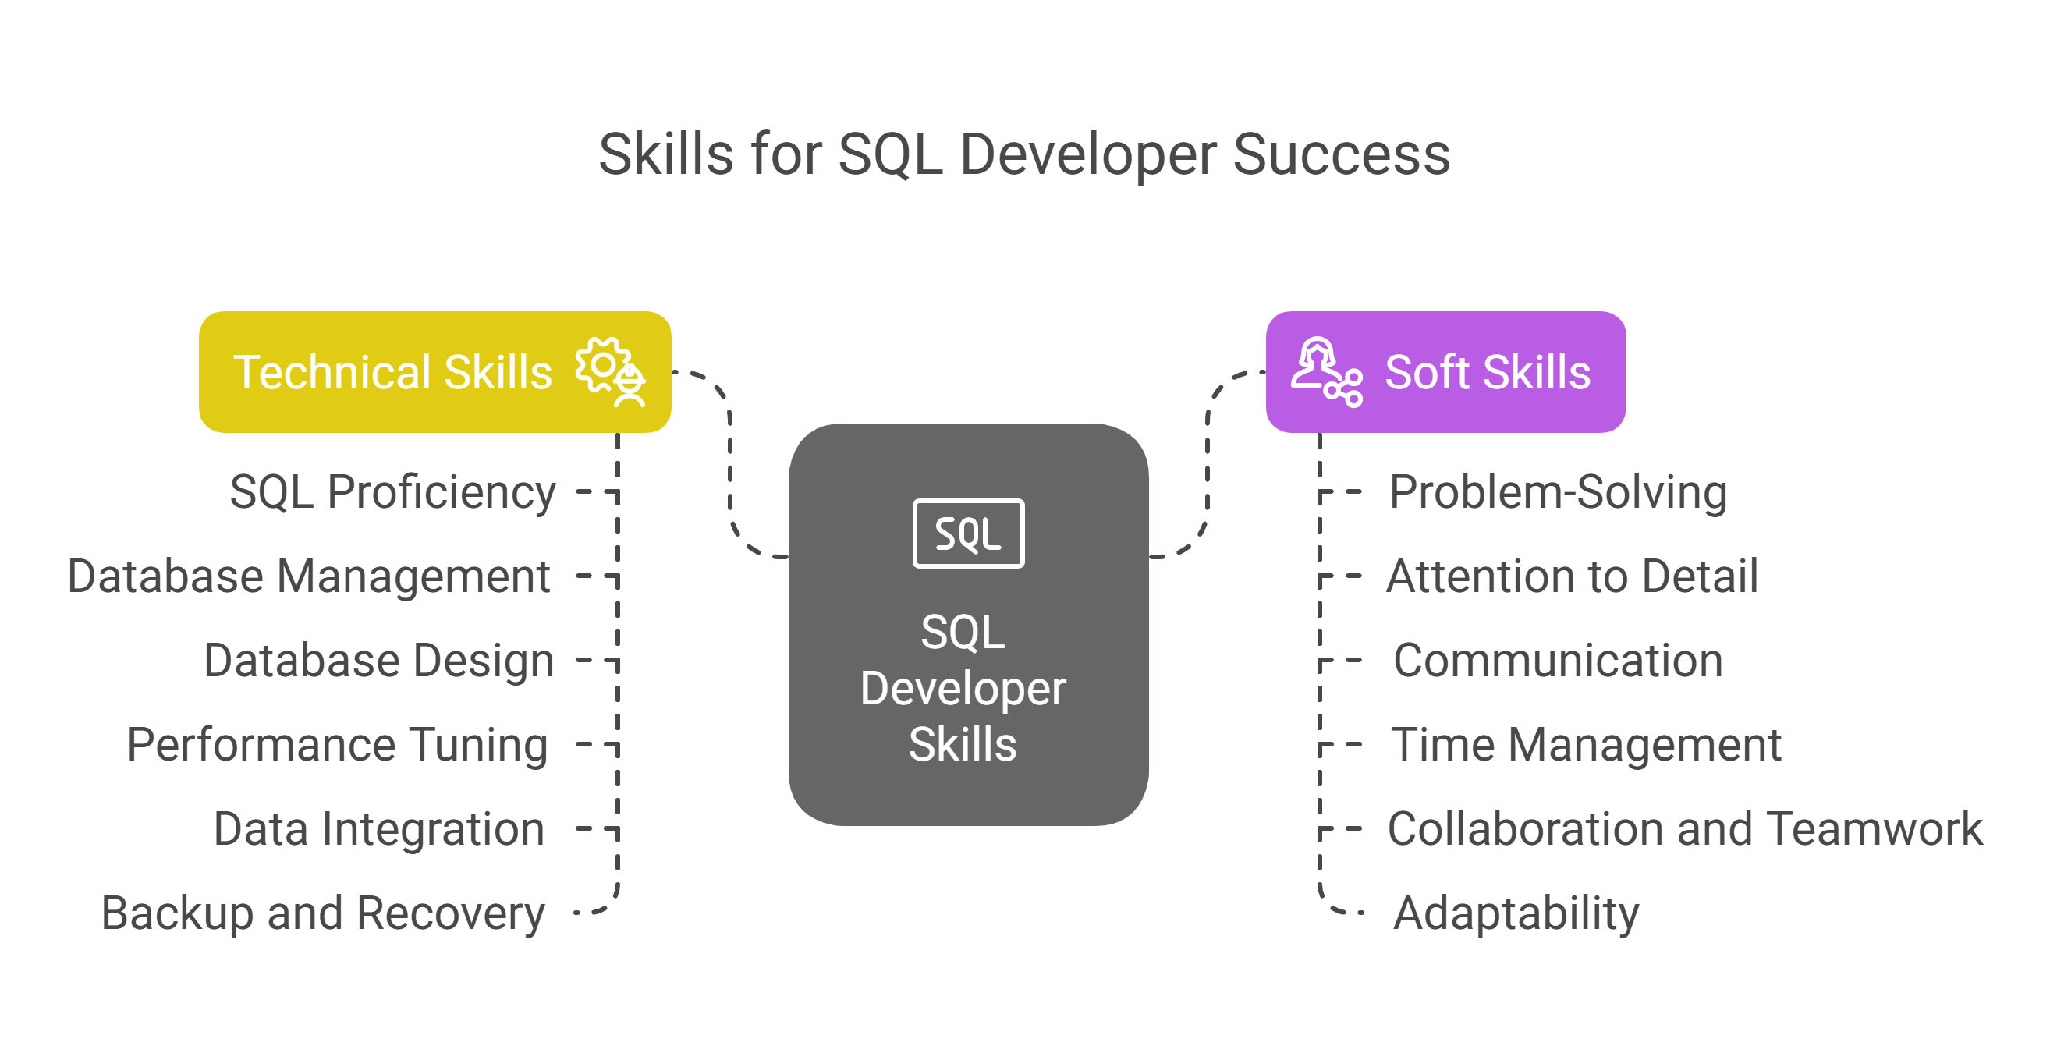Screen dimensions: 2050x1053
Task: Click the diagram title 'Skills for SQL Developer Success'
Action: [x=1024, y=155]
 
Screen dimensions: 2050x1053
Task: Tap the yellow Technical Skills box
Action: [x=435, y=372]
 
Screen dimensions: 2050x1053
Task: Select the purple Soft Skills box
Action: [x=1445, y=372]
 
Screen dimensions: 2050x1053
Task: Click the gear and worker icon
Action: [x=610, y=373]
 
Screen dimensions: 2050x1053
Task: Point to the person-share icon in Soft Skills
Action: [x=1326, y=373]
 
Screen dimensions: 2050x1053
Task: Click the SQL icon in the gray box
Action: [x=969, y=534]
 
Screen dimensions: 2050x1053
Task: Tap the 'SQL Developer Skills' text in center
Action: [x=963, y=688]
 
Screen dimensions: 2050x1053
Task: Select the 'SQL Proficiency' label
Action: [x=392, y=493]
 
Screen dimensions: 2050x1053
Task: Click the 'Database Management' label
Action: [x=309, y=576]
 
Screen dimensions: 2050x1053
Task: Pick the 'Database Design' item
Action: [x=379, y=661]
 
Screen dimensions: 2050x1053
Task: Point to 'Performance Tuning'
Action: [x=338, y=746]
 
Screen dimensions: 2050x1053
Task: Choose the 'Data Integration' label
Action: [x=379, y=829]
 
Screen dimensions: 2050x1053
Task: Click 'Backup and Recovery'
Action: [x=323, y=913]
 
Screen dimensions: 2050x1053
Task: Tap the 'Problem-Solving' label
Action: [x=1559, y=493]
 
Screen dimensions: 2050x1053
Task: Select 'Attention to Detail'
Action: [x=1573, y=576]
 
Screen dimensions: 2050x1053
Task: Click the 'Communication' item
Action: [x=1559, y=661]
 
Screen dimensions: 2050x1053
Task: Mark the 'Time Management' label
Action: [x=1586, y=746]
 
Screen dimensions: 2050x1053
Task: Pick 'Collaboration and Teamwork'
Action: [x=1686, y=829]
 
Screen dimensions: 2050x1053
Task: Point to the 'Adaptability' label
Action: [x=1516, y=913]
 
